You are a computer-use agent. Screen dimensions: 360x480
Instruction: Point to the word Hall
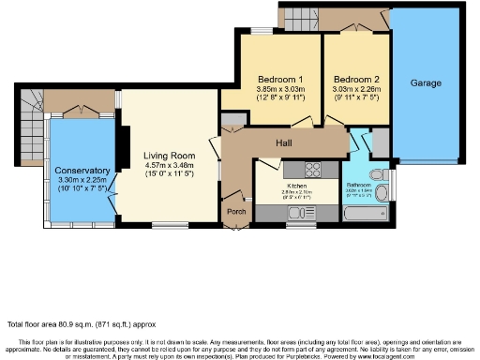tap(285, 142)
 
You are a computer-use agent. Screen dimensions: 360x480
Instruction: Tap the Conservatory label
tap(82, 170)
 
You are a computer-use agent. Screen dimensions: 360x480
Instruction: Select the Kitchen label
tap(297, 186)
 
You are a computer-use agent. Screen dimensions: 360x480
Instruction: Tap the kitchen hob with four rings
tap(313, 170)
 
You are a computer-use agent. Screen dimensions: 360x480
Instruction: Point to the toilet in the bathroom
tap(379, 175)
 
